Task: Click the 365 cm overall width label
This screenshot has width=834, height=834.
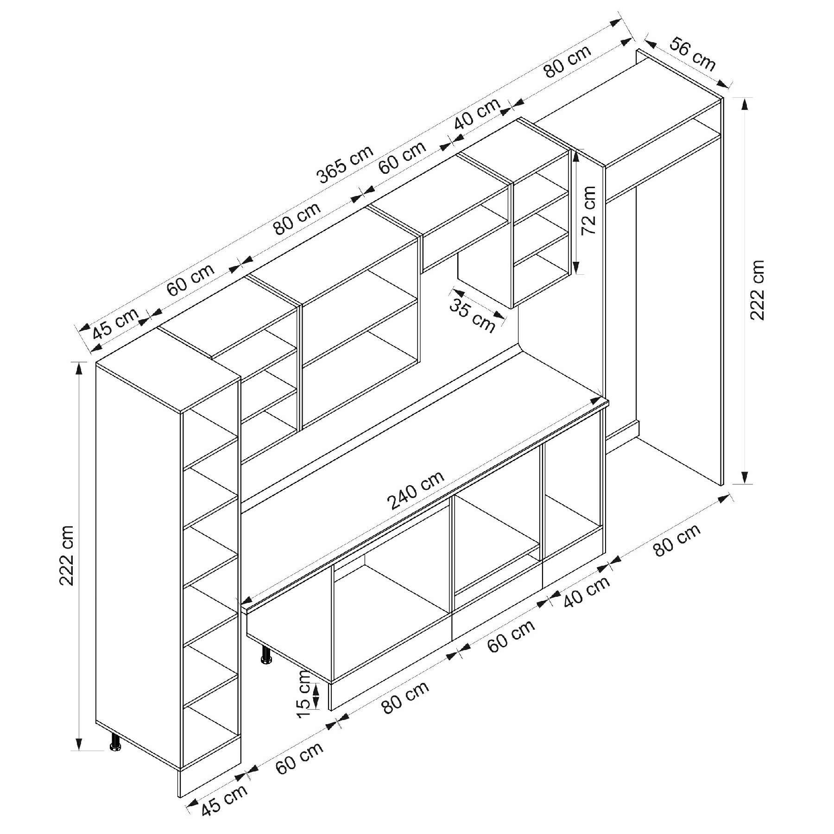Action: pyautogui.click(x=345, y=164)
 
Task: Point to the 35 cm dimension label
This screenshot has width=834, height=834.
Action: pyautogui.click(x=473, y=316)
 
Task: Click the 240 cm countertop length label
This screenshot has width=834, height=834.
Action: pyautogui.click(x=416, y=490)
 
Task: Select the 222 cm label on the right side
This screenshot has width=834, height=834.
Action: pyautogui.click(x=757, y=290)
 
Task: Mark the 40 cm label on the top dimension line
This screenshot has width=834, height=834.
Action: pyautogui.click(x=478, y=114)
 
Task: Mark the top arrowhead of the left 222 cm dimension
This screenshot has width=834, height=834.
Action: pyautogui.click(x=79, y=368)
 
